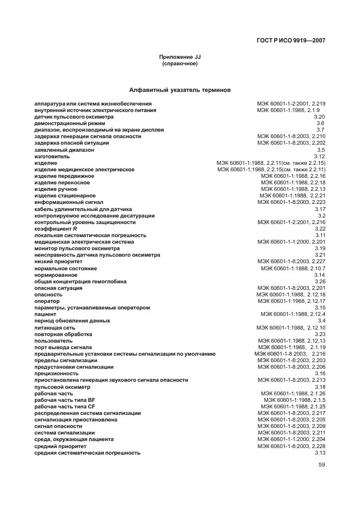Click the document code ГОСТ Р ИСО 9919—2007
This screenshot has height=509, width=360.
coord(291,40)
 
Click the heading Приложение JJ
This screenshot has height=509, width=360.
coord(180,57)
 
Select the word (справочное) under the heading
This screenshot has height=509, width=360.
coord(180,64)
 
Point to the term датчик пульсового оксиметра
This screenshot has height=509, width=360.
coord(74,117)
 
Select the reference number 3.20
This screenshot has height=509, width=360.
coord(319,117)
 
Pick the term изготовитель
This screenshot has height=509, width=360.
coord(52,156)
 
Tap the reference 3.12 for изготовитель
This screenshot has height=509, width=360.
coord(319,156)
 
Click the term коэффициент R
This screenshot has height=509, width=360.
coord(55,229)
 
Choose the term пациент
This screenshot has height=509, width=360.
coord(45,314)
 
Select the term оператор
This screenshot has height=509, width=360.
coord(47,301)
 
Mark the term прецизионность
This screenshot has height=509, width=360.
coord(57,374)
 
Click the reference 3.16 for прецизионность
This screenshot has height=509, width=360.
coord(319,374)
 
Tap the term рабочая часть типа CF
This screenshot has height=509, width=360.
coord(65,406)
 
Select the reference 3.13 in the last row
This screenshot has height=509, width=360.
coord(319,452)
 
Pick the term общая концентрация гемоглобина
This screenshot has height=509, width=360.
coord(80,282)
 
